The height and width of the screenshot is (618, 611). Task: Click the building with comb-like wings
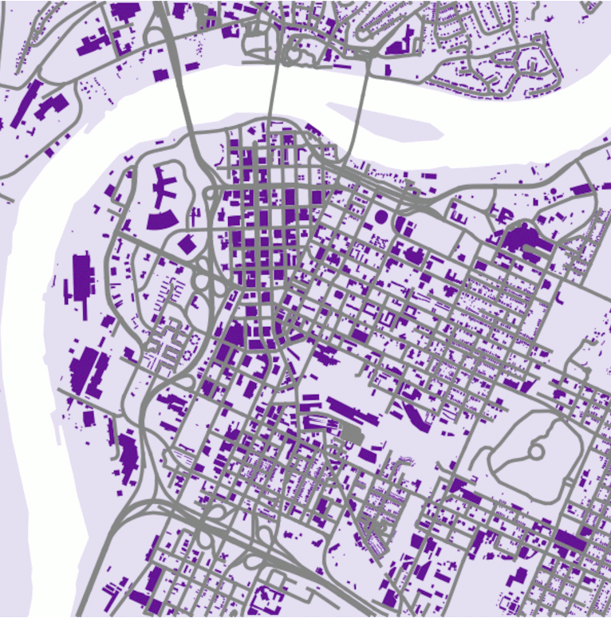[166, 187]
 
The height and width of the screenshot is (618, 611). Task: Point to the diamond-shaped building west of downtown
[187, 243]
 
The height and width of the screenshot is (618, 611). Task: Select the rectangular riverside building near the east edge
[581, 189]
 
